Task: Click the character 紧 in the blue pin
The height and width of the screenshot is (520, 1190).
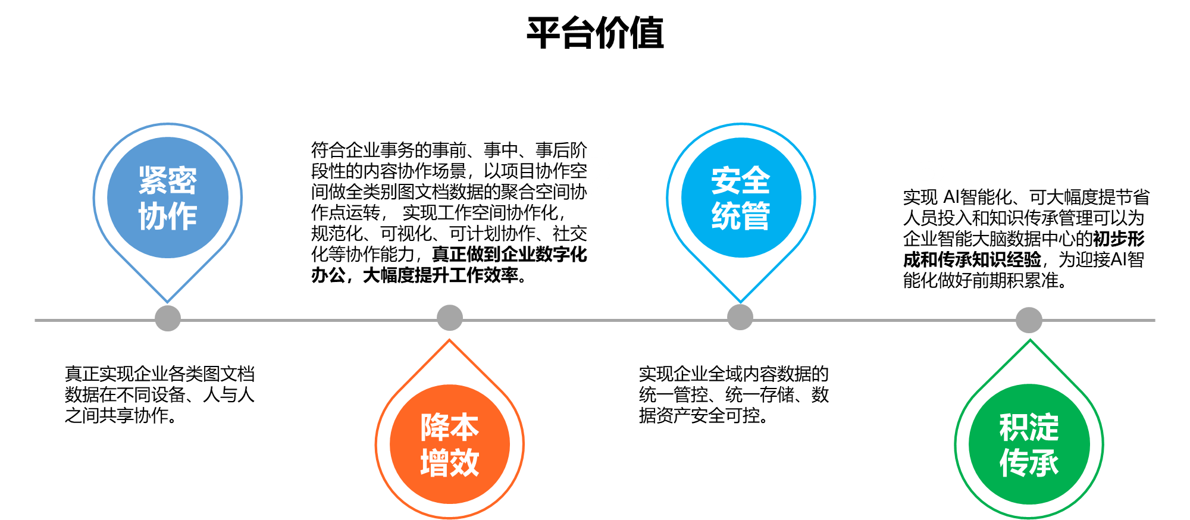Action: [x=153, y=180]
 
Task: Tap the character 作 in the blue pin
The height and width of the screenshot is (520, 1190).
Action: [x=183, y=216]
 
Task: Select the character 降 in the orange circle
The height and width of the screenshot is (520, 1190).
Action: [x=435, y=427]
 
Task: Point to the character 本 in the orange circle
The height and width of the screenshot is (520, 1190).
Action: [x=465, y=427]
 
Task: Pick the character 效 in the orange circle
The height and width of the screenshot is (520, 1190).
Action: [x=465, y=462]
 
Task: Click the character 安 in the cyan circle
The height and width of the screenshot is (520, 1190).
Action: [x=726, y=180]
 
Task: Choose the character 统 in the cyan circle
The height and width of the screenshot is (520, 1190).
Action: [x=726, y=216]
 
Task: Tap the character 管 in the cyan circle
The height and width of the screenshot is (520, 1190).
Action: [x=756, y=216]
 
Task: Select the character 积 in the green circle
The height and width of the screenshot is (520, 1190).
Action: [x=1014, y=427]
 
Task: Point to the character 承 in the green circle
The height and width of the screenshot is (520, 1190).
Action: [x=1044, y=462]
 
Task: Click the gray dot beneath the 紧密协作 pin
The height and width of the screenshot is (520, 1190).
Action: [x=168, y=318]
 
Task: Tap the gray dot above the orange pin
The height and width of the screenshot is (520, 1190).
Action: [x=450, y=318]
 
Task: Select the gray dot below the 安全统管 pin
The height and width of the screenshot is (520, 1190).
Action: [x=740, y=317]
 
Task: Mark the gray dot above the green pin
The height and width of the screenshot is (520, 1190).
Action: [x=1029, y=320]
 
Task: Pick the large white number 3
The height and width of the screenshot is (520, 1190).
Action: [x=931, y=184]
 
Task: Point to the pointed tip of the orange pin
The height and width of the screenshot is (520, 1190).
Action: [x=450, y=341]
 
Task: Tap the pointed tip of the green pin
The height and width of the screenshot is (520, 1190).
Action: [x=1030, y=342]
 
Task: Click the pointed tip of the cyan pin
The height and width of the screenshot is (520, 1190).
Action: [x=740, y=300]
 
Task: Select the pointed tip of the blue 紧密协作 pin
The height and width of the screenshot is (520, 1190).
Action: [x=168, y=300]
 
